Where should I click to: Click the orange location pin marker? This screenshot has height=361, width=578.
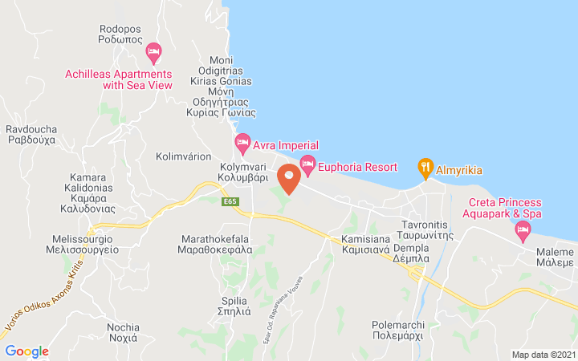(289, 177)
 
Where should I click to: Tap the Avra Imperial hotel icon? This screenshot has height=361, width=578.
(242, 144)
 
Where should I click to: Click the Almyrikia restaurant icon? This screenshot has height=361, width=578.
(425, 168)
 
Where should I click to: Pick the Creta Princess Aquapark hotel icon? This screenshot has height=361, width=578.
(523, 231)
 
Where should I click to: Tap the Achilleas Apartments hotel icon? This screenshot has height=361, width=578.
(153, 53)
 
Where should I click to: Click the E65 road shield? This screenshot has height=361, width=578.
(232, 201)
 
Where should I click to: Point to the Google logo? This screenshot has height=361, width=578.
(26, 351)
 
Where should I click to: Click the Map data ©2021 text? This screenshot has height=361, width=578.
(543, 354)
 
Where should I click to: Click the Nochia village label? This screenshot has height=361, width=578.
(123, 332)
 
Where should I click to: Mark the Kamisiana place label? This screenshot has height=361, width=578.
(365, 245)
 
